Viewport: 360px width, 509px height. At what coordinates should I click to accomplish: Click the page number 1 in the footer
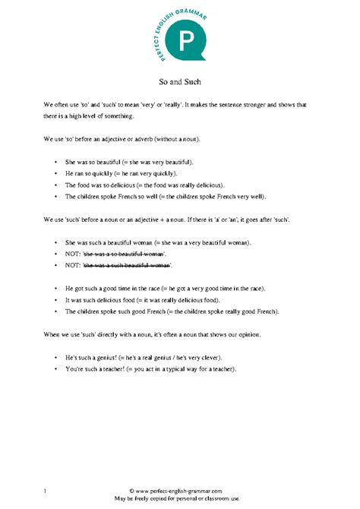pos(46,492)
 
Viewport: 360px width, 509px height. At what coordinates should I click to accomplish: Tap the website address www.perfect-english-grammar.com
pos(180,492)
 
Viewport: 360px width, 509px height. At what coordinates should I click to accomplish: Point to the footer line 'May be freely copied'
pos(180,499)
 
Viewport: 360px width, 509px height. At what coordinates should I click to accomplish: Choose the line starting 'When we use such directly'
pos(174,334)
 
